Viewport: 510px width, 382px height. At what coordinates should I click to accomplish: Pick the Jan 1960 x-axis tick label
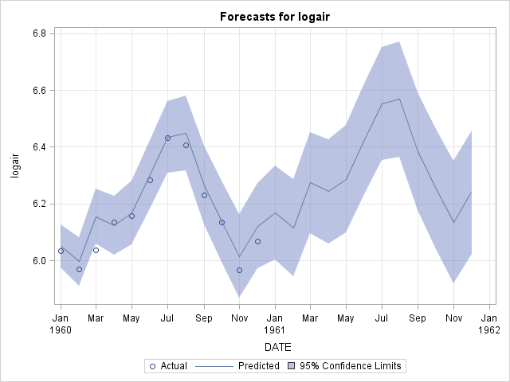(x=61, y=324)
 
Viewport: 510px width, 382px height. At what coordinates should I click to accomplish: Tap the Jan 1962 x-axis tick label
(x=489, y=324)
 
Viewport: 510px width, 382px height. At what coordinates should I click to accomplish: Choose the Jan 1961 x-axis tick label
(x=275, y=324)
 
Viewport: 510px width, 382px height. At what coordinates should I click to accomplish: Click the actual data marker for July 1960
(x=167, y=138)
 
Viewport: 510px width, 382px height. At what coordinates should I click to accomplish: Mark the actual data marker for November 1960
(x=239, y=270)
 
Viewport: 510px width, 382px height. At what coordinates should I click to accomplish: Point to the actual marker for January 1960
(x=61, y=251)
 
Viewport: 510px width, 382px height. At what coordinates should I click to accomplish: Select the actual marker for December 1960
(x=257, y=241)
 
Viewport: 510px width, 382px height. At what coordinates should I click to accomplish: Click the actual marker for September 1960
(x=204, y=195)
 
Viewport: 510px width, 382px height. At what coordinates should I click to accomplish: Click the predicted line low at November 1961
(x=453, y=222)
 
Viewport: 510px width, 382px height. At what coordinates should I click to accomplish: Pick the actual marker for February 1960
(x=79, y=269)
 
